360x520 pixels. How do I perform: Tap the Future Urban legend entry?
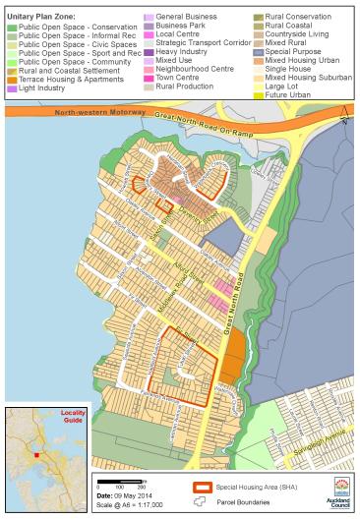click(x=281, y=95)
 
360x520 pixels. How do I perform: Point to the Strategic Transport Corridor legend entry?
click(x=192, y=42)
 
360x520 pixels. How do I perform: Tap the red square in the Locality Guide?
click(x=36, y=455)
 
